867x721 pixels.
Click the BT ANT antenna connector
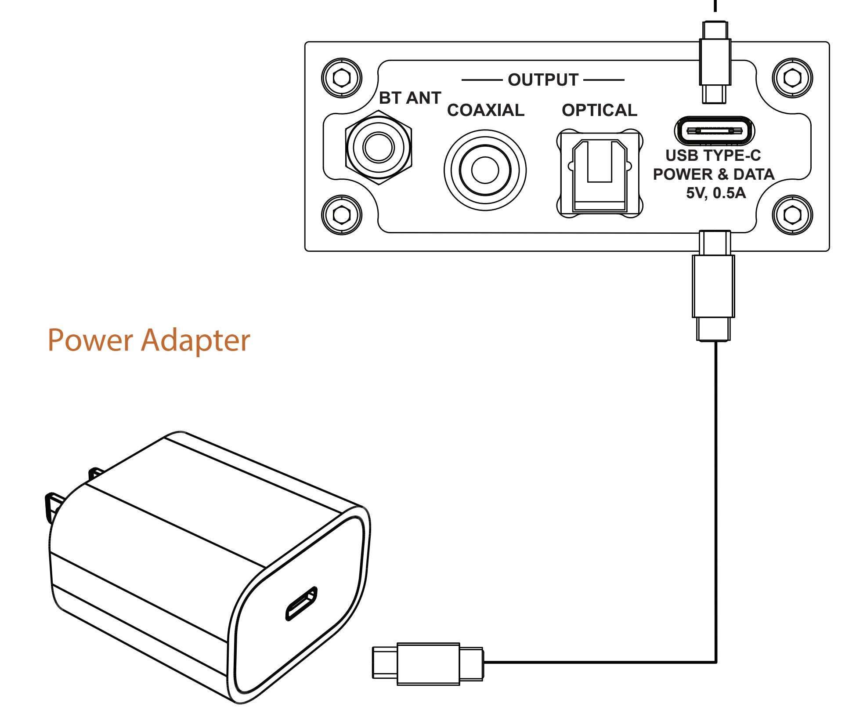click(x=378, y=147)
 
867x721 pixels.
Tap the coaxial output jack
click(x=485, y=170)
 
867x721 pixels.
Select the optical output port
click(x=600, y=174)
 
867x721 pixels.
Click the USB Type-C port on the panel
click(x=714, y=130)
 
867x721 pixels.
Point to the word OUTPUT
click(x=543, y=80)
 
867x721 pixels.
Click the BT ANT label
click(x=410, y=98)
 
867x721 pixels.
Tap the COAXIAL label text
click(x=486, y=110)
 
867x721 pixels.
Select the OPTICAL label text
click(x=600, y=110)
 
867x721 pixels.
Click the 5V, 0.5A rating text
click(x=716, y=193)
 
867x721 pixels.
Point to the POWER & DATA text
click(x=714, y=174)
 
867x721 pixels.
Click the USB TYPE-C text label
click(x=713, y=156)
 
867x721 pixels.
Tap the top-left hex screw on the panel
click(x=342, y=78)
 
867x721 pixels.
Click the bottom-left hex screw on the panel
click(x=342, y=215)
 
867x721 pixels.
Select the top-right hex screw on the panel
click(x=792, y=78)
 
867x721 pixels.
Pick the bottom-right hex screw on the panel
click(x=792, y=215)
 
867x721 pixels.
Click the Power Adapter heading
click(x=148, y=341)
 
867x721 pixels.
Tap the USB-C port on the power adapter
click(x=301, y=604)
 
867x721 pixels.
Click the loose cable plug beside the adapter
click(x=428, y=663)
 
